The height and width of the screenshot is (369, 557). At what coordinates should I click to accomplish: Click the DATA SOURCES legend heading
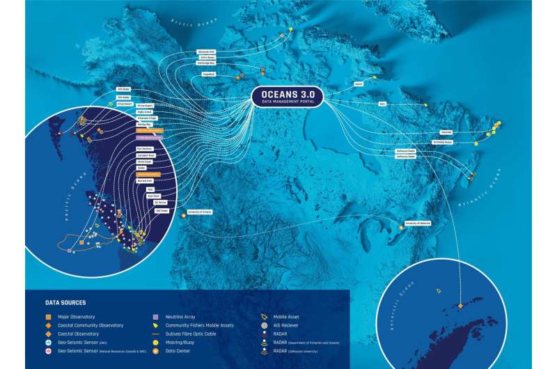[65, 303]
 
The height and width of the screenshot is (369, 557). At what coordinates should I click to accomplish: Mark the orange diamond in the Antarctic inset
[460, 306]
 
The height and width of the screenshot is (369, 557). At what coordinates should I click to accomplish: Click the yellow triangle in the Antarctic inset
[439, 290]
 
